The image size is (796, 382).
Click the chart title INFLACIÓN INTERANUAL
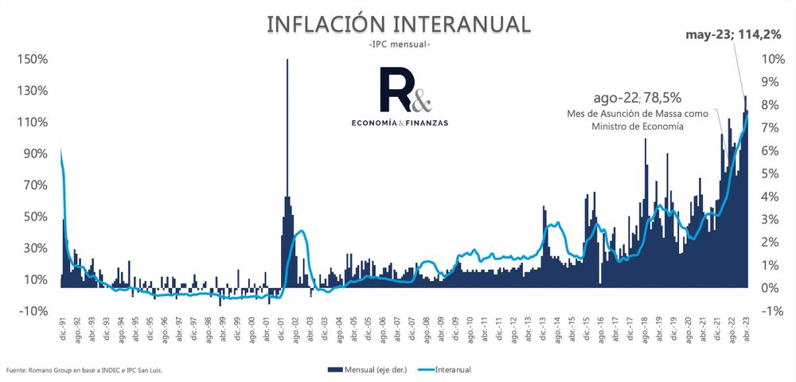coord(398,24)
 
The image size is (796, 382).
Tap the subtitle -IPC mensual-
coord(399,45)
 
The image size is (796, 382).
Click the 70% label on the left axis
coord(34,185)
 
